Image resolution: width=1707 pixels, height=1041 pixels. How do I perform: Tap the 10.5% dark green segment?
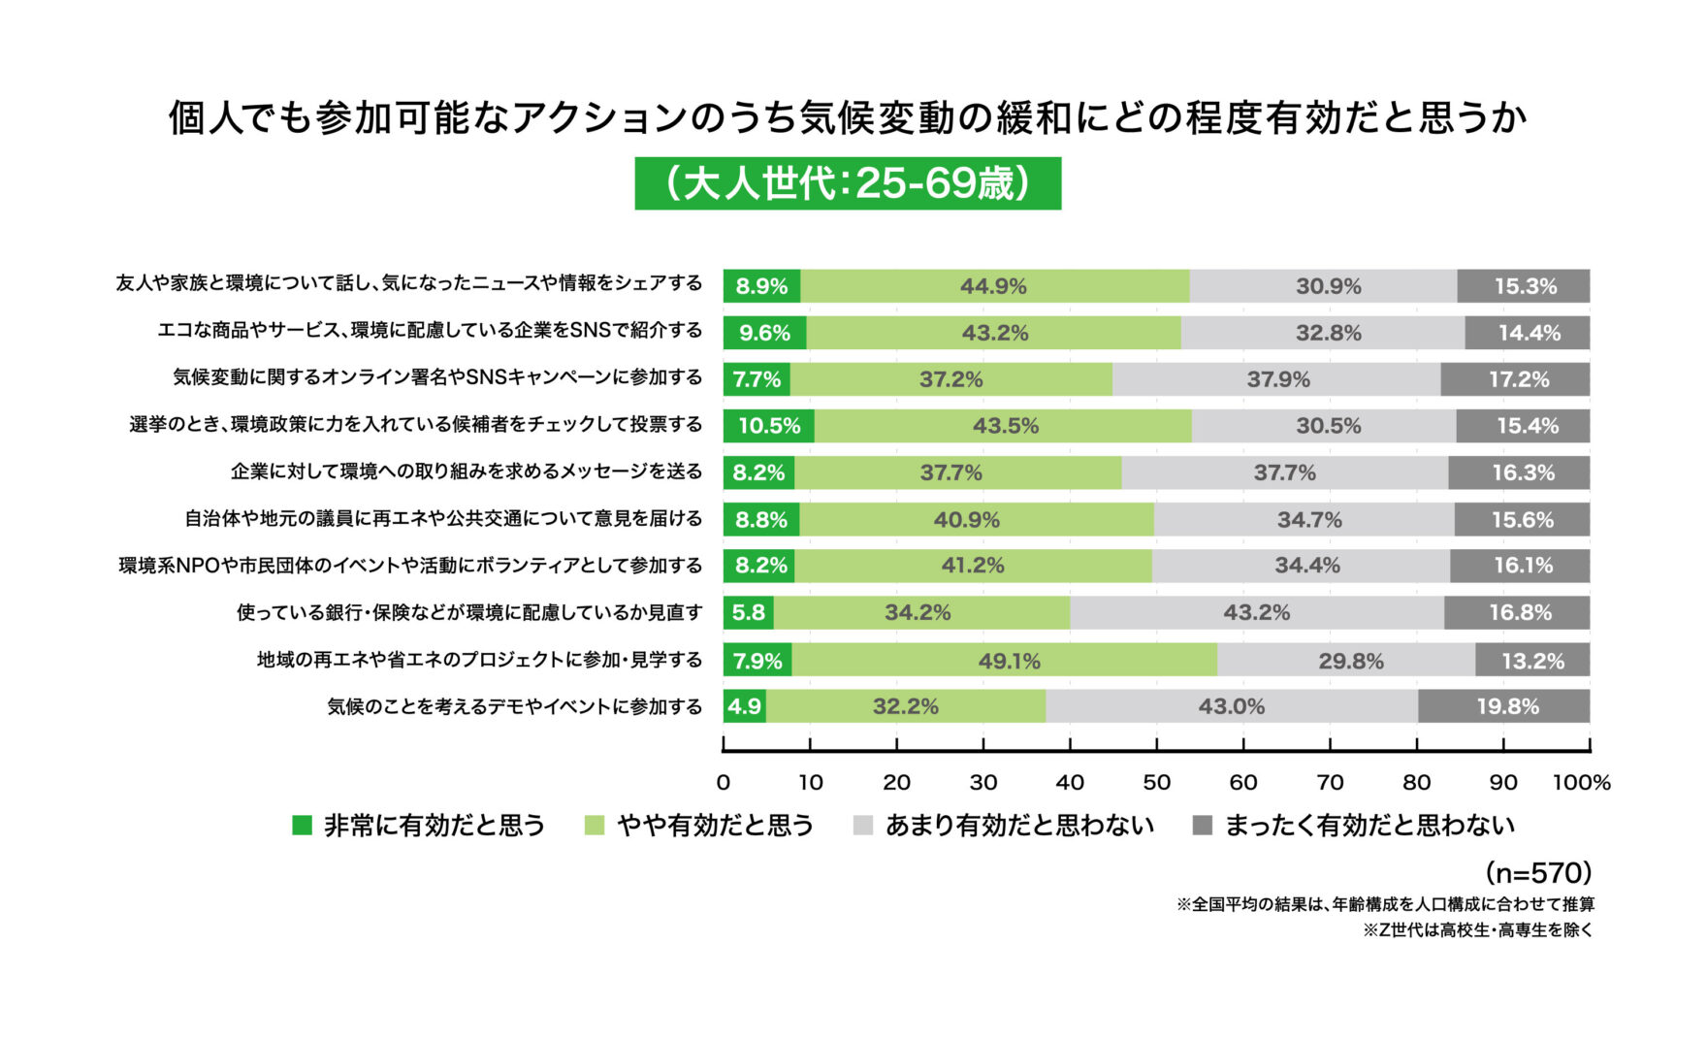tap(769, 426)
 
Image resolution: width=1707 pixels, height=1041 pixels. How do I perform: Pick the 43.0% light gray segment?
tap(1232, 706)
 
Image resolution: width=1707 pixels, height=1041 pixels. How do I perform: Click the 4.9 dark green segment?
tap(745, 706)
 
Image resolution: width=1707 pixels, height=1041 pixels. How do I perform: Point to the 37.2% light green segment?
tap(950, 379)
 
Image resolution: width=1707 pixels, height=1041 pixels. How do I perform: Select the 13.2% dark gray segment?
tap(1532, 660)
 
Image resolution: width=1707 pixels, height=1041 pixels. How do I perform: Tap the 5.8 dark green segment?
tap(749, 613)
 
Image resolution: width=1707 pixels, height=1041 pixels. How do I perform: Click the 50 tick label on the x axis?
tap(1156, 782)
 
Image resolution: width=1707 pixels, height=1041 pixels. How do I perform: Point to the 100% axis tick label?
tap(1581, 782)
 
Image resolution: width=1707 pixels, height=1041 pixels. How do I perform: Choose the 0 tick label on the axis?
tap(724, 782)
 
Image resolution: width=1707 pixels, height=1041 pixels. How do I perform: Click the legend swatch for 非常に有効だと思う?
tap(303, 826)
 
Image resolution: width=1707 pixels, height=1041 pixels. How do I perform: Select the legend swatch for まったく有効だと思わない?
tap(1203, 826)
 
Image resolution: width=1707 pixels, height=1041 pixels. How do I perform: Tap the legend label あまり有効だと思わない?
tap(1019, 826)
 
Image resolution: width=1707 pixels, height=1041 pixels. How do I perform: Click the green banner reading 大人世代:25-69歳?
tap(848, 183)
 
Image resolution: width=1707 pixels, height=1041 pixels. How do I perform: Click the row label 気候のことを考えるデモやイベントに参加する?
tap(515, 706)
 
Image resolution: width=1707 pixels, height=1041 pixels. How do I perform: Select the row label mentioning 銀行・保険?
tap(469, 613)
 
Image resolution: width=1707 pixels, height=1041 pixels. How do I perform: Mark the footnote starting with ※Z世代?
tap(1478, 930)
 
